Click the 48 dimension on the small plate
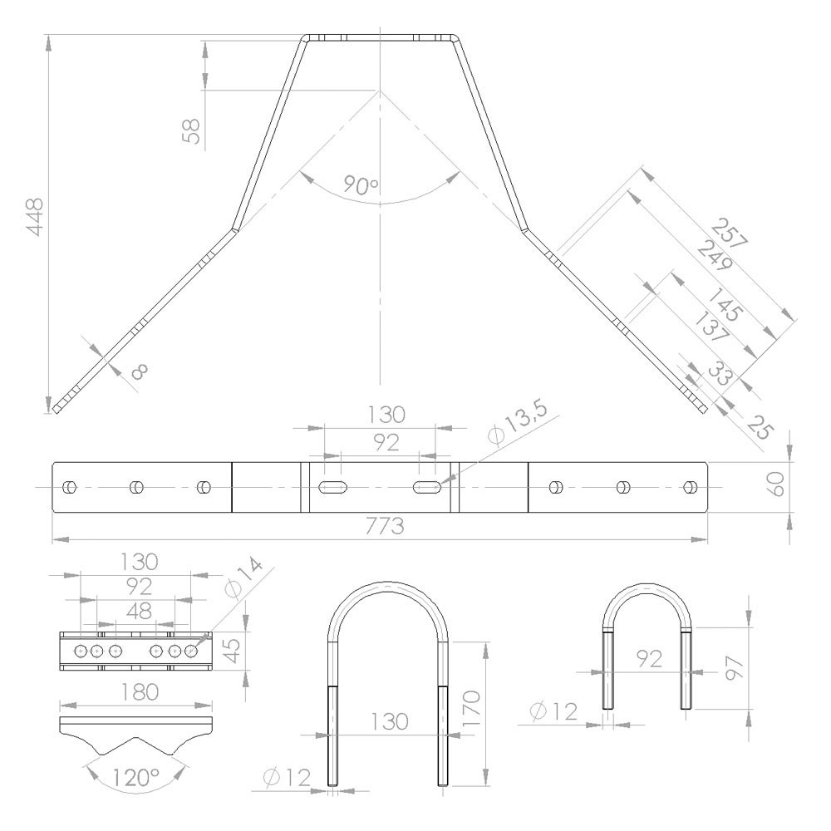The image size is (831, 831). pyautogui.click(x=137, y=610)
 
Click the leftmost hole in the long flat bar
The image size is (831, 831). pyautogui.click(x=70, y=486)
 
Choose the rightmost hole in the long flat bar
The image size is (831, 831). pyautogui.click(x=688, y=486)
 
